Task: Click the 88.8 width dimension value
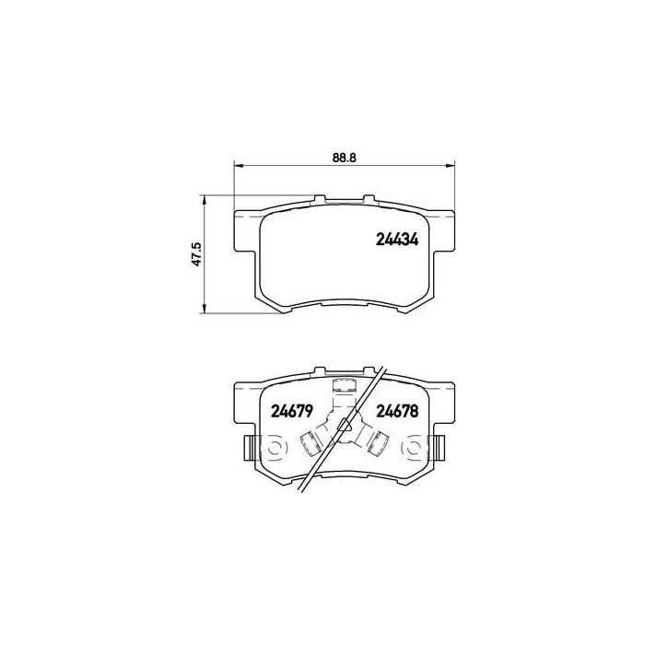coord(344,158)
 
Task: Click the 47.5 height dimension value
coord(196,253)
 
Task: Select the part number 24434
coord(397,239)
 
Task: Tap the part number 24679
coord(292,411)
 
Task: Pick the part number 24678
coord(397,411)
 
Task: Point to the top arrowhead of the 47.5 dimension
coord(204,200)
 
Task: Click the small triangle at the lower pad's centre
coord(345,425)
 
